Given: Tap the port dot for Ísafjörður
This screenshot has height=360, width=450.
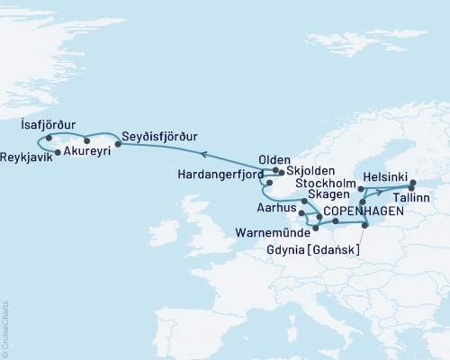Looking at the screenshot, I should (x=49, y=138).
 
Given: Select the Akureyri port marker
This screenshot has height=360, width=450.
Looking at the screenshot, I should (x=86, y=140).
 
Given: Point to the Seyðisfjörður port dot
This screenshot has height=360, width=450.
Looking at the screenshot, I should (x=118, y=142).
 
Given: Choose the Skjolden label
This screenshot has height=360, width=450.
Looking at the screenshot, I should (x=310, y=170).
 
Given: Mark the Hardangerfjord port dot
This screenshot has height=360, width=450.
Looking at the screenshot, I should (x=269, y=182).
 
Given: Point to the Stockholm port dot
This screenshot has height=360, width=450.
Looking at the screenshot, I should (x=360, y=189).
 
